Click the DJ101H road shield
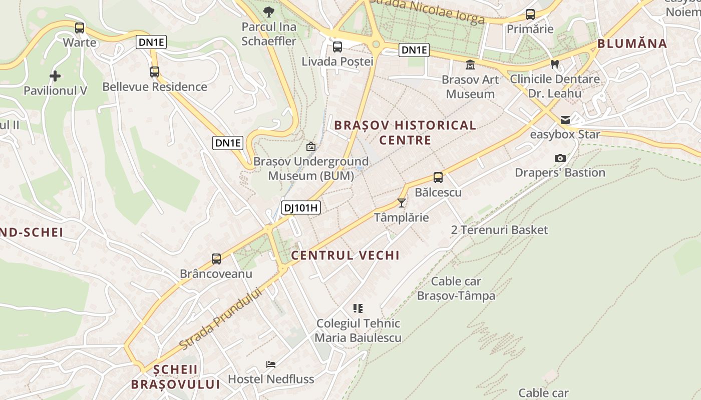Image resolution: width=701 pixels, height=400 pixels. [300, 207]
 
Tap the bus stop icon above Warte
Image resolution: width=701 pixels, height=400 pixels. [80, 28]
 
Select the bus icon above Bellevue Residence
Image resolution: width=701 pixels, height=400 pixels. [155, 72]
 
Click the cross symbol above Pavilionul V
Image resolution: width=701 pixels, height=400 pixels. [55, 76]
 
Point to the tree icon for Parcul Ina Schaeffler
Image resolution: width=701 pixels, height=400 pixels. [269, 11]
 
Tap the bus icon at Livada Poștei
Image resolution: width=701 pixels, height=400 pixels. [337, 47]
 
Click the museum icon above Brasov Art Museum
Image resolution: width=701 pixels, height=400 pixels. [470, 65]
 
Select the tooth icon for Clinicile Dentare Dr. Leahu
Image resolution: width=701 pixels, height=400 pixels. [554, 64]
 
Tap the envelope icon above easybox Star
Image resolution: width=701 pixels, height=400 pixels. [565, 119]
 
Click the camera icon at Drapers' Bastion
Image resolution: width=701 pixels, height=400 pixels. [560, 158]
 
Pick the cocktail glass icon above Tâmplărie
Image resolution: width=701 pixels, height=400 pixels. [401, 202]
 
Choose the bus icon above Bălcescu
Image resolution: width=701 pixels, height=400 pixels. [438, 177]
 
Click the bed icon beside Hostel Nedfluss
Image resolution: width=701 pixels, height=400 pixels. [271, 364]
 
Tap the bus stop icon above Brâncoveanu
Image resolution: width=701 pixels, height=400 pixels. [216, 259]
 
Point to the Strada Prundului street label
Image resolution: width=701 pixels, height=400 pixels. [221, 319]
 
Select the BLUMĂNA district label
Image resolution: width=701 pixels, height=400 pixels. [632, 43]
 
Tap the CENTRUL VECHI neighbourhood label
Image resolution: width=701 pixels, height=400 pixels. [345, 255]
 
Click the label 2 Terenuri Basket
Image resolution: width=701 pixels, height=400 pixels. [499, 230]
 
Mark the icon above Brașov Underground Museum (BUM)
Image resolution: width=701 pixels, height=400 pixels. [311, 146]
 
